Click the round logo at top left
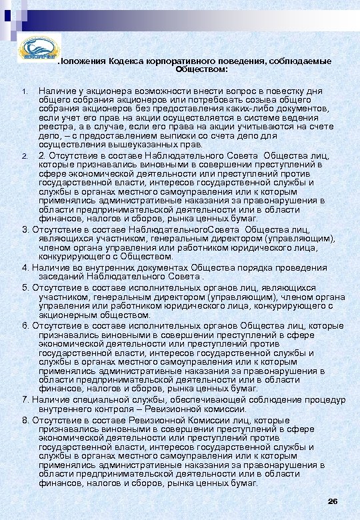(37, 50)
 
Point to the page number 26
(333, 501)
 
